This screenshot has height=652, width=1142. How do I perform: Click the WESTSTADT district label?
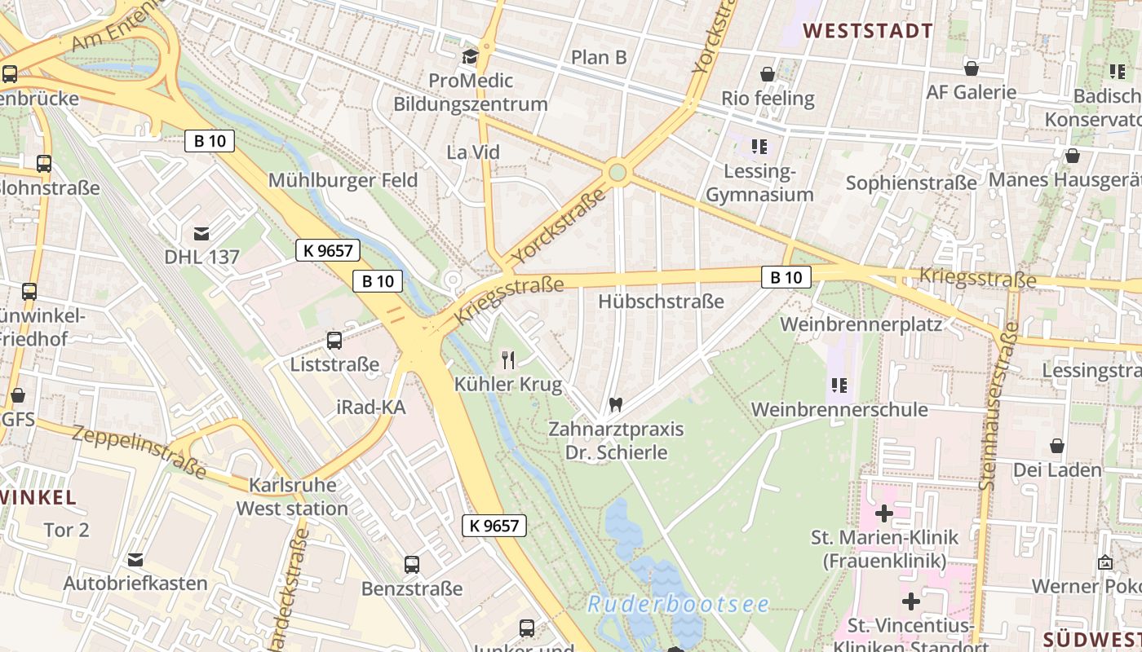[x=868, y=31]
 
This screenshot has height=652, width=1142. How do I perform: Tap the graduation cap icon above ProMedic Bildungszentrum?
[x=470, y=56]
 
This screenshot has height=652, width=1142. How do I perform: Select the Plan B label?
[x=599, y=57]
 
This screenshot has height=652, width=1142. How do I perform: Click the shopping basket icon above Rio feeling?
[x=768, y=74]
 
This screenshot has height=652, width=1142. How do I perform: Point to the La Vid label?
[x=473, y=152]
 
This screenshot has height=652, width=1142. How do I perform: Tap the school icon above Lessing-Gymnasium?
[x=759, y=147]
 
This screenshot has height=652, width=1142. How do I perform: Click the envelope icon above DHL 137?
[x=201, y=233]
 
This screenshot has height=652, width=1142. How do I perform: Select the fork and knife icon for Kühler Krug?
[x=507, y=359]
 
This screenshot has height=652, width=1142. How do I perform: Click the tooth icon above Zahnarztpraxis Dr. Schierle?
[x=616, y=404]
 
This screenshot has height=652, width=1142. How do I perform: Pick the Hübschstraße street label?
[x=661, y=302]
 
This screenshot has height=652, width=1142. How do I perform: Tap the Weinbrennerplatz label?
[x=861, y=324]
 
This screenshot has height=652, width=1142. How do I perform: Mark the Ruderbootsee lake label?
[x=678, y=604]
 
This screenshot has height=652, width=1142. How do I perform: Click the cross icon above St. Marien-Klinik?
[x=883, y=513]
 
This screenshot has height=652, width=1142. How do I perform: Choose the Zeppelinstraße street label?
[x=139, y=451]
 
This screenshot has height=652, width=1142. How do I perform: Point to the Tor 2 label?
[x=66, y=530]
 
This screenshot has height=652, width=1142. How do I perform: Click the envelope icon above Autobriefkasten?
[x=135, y=560]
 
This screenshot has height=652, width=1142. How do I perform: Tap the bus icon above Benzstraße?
[x=412, y=564]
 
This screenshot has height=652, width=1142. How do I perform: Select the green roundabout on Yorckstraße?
[x=617, y=172]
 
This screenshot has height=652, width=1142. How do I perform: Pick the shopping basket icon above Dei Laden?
[x=1057, y=446]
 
